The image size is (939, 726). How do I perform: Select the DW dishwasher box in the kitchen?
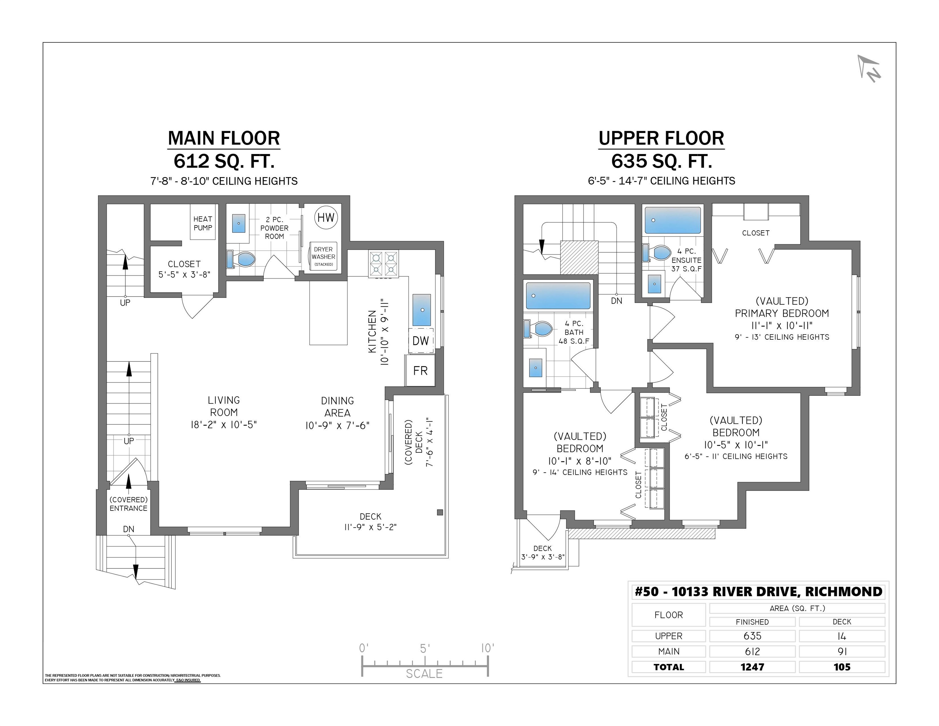(421, 341)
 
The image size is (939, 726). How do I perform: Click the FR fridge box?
(420, 370)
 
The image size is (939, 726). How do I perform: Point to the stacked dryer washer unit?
(323, 256)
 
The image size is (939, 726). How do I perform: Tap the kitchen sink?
(422, 310)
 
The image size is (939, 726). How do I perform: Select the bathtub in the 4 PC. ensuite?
(673, 220)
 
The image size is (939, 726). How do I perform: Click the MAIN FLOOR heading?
(224, 138)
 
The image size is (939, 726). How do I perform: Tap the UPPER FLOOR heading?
(661, 138)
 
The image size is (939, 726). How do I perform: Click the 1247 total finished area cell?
(753, 667)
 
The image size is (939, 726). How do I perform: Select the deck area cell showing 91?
(842, 652)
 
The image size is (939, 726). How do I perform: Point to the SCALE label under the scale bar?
(424, 673)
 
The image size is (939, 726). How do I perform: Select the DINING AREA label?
(337, 407)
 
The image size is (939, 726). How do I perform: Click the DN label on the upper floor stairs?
(616, 301)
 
